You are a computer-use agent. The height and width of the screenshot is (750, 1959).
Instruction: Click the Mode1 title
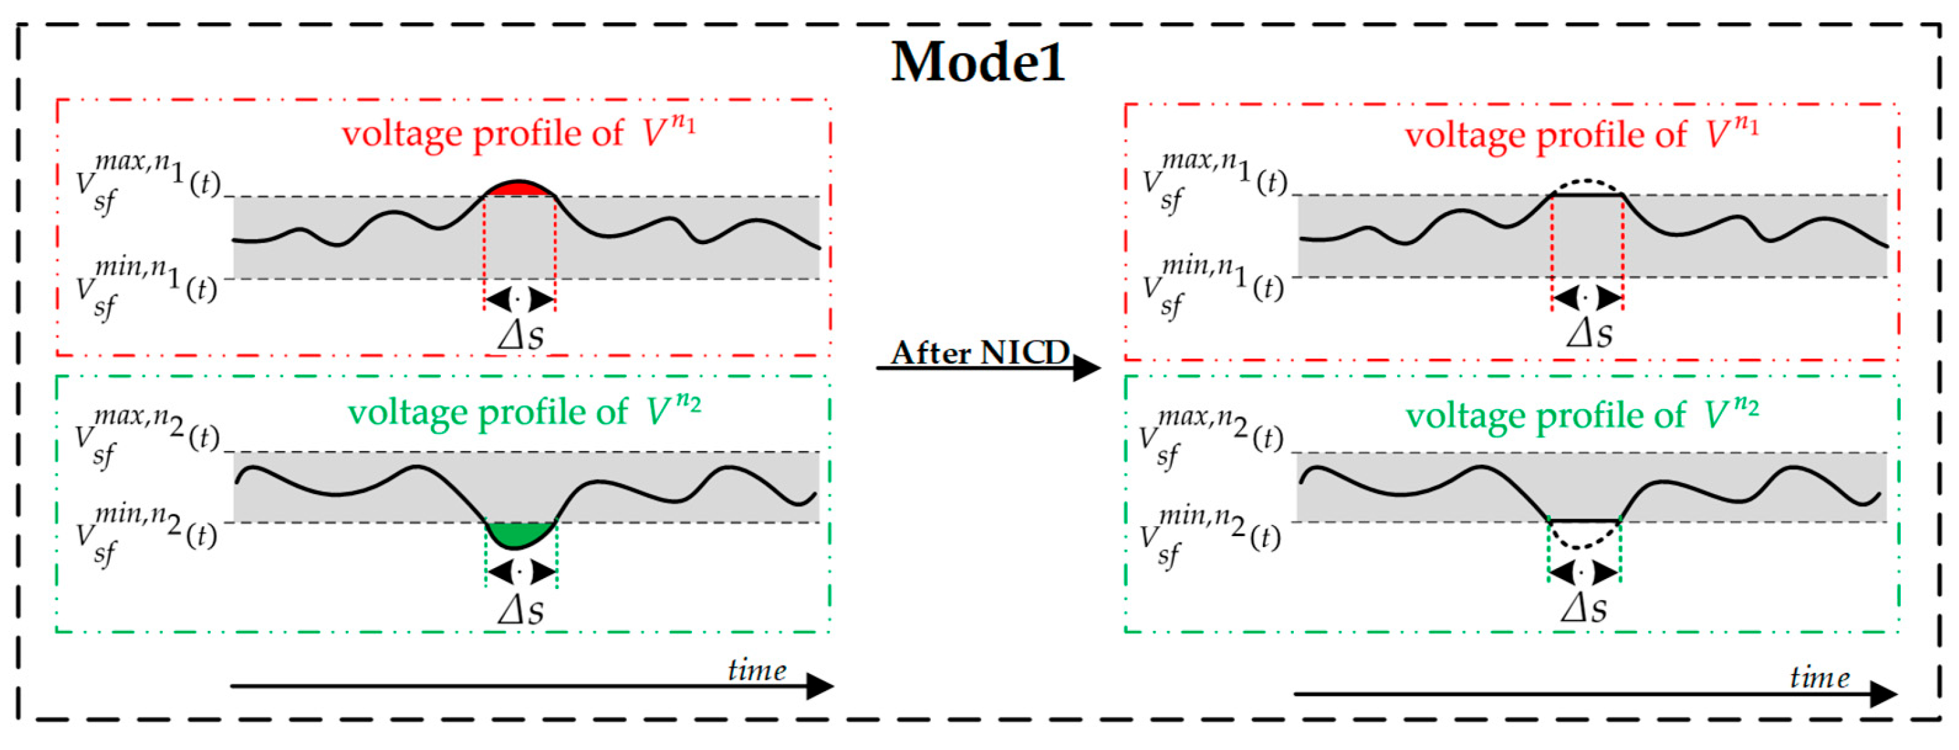tap(977, 62)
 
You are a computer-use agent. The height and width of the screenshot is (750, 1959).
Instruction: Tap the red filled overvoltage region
tap(519, 188)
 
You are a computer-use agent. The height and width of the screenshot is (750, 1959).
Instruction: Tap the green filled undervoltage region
tap(519, 534)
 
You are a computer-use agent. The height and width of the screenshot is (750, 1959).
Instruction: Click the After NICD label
tap(980, 352)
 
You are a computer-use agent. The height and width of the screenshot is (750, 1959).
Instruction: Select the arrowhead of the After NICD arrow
tap(1088, 369)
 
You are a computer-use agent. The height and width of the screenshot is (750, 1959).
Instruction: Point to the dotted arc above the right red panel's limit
tap(1586, 183)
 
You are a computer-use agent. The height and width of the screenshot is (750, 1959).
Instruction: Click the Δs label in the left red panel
tap(521, 334)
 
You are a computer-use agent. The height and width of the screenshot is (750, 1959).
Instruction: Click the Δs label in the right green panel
tap(1584, 609)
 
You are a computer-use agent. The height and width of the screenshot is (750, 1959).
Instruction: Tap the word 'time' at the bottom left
tap(757, 670)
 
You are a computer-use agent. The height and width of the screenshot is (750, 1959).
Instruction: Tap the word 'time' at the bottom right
tap(1820, 677)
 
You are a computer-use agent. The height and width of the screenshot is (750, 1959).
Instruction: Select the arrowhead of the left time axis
tap(820, 686)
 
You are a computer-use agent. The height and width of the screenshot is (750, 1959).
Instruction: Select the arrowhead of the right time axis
tap(1884, 694)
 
